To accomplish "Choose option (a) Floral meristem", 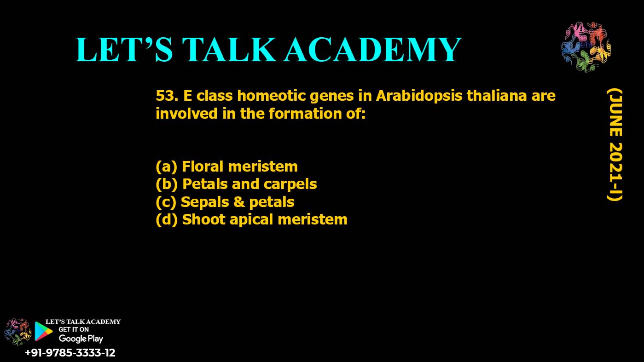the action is (x=226, y=167).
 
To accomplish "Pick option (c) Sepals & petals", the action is (x=225, y=202).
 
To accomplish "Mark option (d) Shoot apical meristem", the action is (x=251, y=220).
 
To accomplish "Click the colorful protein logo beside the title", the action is (x=586, y=46).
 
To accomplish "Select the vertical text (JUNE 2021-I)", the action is (x=615, y=145).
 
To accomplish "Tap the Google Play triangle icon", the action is (x=43, y=331).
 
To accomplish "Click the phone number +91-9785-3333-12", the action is (x=70, y=352).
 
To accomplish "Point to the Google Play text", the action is (x=81, y=339).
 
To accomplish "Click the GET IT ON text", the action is (x=74, y=329).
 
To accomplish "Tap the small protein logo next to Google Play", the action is (x=17, y=332).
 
